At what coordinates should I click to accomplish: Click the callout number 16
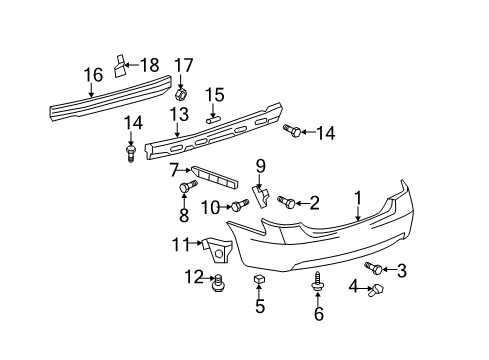[93, 75]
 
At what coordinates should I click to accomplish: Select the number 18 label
[149, 65]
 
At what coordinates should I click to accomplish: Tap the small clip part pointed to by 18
[119, 65]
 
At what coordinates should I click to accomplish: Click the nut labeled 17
[181, 94]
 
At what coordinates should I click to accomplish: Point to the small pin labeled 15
[213, 120]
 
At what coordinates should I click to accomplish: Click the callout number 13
[179, 114]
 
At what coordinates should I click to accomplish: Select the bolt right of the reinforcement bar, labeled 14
[292, 131]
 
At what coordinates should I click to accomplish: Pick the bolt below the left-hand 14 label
[131, 153]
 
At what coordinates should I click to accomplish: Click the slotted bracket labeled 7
[215, 178]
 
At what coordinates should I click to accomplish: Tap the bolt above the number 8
[188, 186]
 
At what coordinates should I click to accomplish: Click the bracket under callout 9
[261, 197]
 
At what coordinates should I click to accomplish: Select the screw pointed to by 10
[240, 205]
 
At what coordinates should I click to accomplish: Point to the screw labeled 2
[286, 201]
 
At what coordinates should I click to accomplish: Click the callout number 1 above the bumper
[358, 199]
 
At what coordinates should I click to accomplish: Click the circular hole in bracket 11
[219, 254]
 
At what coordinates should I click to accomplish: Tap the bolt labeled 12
[219, 282]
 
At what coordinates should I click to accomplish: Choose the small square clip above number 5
[259, 278]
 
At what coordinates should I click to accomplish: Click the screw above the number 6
[317, 283]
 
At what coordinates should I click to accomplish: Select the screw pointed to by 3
[373, 268]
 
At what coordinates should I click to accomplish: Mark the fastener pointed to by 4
[375, 290]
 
